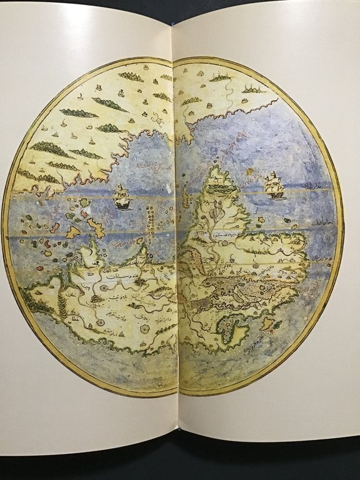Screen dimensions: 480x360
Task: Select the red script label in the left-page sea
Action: coord(144,167)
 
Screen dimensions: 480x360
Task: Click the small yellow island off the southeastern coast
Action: coord(268,323)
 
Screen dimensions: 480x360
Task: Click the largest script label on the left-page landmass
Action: coord(116,276)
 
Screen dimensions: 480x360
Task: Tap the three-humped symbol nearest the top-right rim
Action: coord(253,89)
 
